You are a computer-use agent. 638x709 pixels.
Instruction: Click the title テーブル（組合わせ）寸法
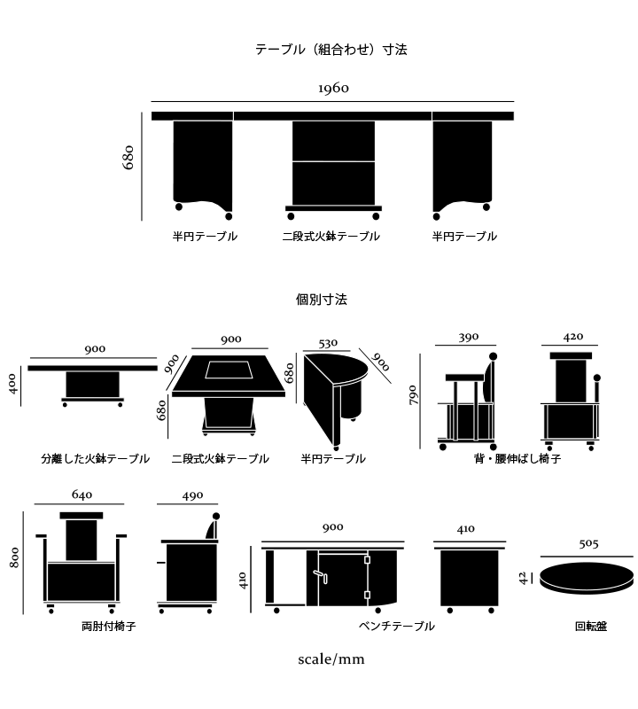pos(331,50)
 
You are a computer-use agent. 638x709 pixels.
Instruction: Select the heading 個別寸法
pos(321,300)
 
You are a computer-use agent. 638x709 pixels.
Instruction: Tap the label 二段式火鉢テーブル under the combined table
pos(331,237)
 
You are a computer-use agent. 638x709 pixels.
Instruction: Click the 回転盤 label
pos(591,626)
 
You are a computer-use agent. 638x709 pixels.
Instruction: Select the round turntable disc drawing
pos(587,576)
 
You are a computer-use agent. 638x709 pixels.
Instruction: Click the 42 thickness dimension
pos(524,577)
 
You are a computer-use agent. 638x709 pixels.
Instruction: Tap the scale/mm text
pos(331,659)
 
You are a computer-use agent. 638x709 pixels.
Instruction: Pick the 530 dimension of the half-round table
pos(327,343)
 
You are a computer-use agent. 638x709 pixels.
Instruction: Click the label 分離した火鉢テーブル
pos(95,459)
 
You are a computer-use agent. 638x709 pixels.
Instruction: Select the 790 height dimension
pos(413,395)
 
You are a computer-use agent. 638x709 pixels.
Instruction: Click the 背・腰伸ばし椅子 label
pos(517,459)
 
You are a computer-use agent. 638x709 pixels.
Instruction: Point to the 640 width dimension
pos(82,495)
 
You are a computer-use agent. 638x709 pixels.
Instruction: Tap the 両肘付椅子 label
pos(108,626)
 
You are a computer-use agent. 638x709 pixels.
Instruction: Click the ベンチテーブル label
pos(396,626)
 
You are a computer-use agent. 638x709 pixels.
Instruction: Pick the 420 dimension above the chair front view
pos(573,337)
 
